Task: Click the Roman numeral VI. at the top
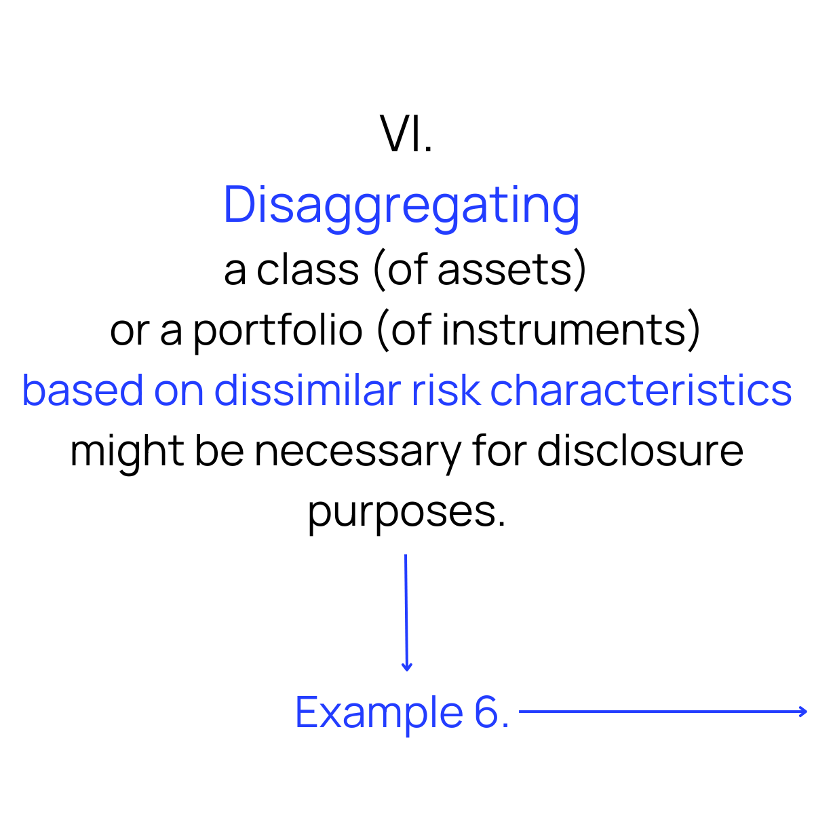click(406, 134)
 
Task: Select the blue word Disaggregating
click(402, 206)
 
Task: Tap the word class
click(307, 269)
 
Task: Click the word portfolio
click(277, 331)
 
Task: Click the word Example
click(379, 713)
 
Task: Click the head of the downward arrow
click(407, 667)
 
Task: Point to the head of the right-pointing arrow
click(802, 712)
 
